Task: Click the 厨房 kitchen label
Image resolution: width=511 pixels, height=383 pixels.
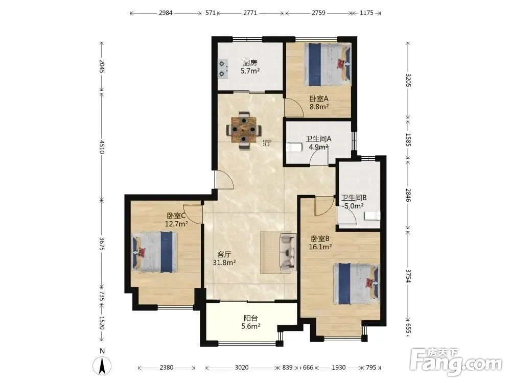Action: tap(250, 62)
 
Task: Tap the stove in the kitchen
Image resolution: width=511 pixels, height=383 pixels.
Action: tap(223, 68)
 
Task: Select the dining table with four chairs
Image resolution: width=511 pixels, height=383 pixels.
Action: tap(244, 130)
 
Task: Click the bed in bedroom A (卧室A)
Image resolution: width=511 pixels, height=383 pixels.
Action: tap(328, 64)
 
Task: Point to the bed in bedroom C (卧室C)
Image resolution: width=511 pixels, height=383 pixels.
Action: tap(154, 252)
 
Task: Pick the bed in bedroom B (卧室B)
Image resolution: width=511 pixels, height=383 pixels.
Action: tap(357, 283)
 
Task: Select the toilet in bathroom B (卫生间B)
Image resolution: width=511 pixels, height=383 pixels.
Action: tap(372, 216)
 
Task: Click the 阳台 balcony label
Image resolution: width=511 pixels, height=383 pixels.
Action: tap(250, 318)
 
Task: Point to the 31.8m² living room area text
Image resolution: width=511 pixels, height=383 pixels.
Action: tap(224, 262)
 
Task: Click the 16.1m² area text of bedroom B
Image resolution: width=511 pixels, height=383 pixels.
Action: tap(320, 247)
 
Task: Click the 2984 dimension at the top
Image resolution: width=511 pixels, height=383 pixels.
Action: tap(166, 13)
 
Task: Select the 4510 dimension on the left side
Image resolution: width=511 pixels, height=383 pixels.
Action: tap(102, 147)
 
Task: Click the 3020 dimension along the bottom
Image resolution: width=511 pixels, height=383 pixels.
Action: tap(242, 367)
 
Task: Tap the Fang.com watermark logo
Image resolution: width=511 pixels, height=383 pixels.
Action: tap(456, 361)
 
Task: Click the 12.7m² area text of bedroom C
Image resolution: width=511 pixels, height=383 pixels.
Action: tap(176, 224)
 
